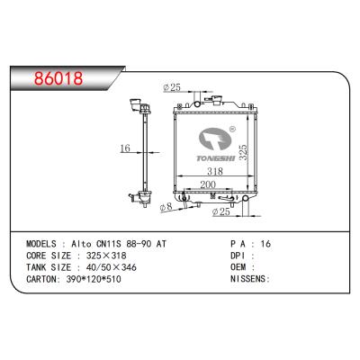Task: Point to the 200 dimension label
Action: tap(207, 184)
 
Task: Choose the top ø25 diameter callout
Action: tap(171, 87)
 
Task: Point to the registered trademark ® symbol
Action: tap(232, 129)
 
